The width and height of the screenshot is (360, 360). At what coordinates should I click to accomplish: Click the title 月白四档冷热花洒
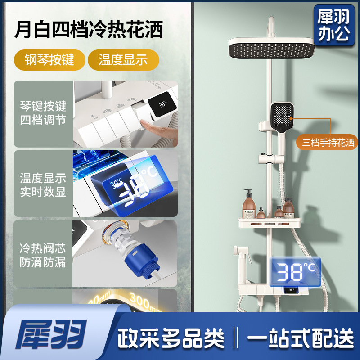point(88,29)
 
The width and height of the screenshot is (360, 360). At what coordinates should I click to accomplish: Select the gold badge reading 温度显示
point(123,59)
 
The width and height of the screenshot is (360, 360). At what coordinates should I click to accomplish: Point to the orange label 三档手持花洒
point(328,143)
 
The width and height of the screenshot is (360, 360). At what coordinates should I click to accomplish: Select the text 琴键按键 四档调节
point(43,113)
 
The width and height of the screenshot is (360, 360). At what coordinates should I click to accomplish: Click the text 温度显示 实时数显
point(43,185)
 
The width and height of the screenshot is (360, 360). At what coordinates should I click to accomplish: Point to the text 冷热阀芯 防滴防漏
point(43,255)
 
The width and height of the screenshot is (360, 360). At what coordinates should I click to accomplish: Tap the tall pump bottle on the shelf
point(248,202)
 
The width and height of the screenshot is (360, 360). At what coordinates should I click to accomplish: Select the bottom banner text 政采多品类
point(171,337)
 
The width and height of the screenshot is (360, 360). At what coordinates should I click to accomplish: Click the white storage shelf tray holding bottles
point(268,221)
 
